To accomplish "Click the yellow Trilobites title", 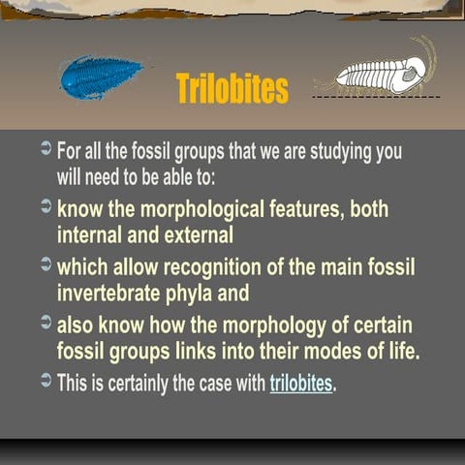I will [232, 88].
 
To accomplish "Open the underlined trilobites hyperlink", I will [300, 383].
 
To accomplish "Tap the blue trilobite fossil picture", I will [101, 77].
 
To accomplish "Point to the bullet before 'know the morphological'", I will [46, 207].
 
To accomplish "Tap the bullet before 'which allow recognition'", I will [46, 265].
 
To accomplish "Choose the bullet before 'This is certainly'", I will [46, 382].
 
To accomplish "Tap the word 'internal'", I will [97, 234].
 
